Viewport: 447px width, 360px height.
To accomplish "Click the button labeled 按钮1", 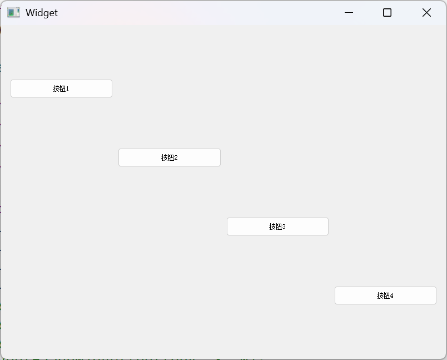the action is coord(61,88).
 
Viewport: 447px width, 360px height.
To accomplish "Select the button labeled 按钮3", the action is coord(277,226).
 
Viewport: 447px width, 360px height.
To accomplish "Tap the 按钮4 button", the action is coord(385,295).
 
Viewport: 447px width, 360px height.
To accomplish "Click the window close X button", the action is coord(426,13).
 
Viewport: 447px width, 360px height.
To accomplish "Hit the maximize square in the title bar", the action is coord(388,13).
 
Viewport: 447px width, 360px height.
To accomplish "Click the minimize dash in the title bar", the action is coord(349,13).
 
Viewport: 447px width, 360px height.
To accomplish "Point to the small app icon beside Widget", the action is coord(13,13).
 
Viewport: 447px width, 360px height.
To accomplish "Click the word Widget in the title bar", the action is coord(41,13).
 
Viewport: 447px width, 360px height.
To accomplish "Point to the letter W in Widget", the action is coord(30,13).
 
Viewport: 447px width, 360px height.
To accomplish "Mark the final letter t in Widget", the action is coord(56,13).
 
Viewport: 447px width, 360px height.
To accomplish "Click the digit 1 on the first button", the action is coord(67,88).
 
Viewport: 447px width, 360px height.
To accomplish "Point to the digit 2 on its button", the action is coord(176,157).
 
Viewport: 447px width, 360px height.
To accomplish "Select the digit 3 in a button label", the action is coord(284,226).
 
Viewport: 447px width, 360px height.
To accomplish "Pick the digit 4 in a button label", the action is coord(391,295).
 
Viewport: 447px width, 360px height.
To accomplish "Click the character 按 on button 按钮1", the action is coord(56,88).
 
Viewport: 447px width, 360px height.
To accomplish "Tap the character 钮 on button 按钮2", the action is coord(171,157).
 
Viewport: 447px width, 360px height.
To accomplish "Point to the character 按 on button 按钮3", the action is coord(272,226).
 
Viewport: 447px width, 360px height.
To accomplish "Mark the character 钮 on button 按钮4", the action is coord(386,295).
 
